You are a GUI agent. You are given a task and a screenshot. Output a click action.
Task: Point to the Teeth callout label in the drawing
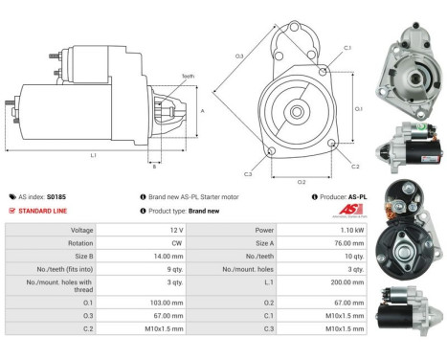pyautogui.click(x=188, y=76)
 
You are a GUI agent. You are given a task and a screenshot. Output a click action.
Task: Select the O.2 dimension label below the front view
pyautogui.click(x=301, y=179)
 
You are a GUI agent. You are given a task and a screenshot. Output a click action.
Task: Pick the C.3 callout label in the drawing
pyautogui.click(x=247, y=173)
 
